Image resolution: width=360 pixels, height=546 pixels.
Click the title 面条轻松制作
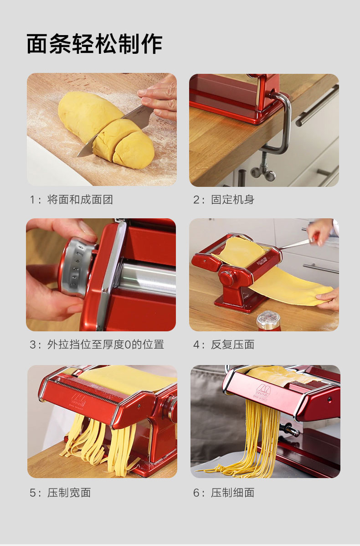94,44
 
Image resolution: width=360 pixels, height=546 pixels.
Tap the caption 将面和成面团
80,200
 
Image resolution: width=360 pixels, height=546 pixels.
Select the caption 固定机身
232,200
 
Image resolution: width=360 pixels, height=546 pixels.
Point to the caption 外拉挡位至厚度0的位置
105,345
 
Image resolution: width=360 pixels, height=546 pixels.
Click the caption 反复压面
232,345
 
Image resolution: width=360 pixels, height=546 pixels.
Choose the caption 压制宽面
69,492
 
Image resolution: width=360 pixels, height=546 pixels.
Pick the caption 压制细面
232,492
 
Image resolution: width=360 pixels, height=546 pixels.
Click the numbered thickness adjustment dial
76,266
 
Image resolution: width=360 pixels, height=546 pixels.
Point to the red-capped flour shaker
268,321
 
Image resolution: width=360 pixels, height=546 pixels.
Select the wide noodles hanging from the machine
101,442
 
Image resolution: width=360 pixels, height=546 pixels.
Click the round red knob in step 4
227,278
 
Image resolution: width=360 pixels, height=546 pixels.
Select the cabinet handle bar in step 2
317,104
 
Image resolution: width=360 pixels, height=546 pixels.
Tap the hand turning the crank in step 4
319,231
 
